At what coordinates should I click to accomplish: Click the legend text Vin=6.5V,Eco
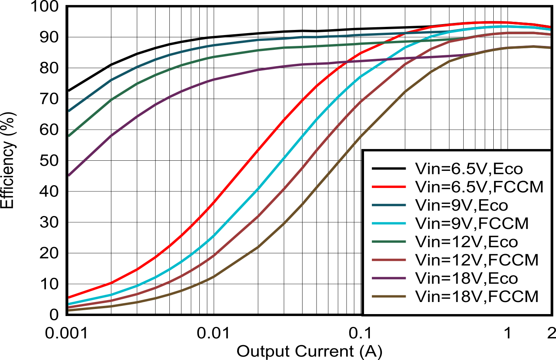pos(469,169)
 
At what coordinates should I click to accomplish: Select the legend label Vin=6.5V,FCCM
pos(479,187)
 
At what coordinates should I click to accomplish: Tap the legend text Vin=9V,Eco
pos(461,205)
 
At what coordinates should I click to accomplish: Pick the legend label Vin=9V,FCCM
pos(472,223)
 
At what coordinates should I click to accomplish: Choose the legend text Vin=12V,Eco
pos(466,242)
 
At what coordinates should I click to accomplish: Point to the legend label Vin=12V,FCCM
pos(477,260)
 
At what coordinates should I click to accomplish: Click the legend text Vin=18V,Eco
pos(466,278)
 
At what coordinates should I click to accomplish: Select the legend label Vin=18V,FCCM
pos(477,297)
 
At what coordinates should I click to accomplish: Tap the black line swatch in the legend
pos(389,169)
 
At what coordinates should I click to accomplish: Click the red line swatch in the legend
pos(389,187)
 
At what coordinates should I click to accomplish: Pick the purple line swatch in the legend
pos(389,278)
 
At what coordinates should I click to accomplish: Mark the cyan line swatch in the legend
pos(389,223)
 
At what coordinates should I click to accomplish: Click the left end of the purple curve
pos(69,175)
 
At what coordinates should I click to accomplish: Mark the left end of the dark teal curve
pos(69,111)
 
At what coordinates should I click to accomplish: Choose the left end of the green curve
pos(69,135)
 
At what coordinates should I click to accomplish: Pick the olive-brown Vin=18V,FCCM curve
pos(300,205)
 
